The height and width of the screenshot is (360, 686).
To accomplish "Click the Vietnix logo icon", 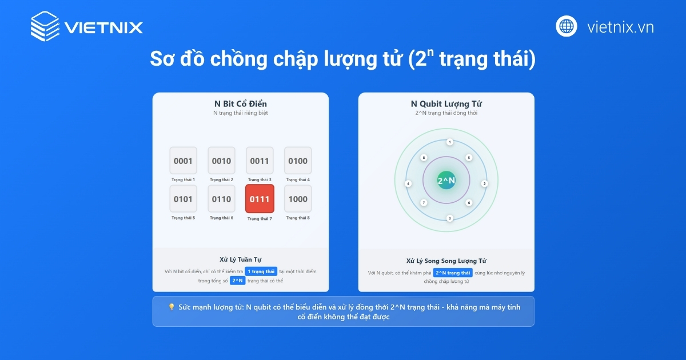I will click(45, 27).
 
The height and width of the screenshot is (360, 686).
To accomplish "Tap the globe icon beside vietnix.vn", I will click(567, 26).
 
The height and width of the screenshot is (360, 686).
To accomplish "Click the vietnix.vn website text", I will click(620, 27).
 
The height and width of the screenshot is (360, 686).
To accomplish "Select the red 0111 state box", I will click(260, 199).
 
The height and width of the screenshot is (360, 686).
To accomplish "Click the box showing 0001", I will click(183, 161).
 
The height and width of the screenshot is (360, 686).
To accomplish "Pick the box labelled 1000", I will click(298, 199).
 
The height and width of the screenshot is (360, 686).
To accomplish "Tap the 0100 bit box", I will click(298, 161).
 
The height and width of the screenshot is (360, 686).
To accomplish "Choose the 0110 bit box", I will click(221, 199).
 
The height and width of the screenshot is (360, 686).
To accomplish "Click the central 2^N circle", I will click(446, 181).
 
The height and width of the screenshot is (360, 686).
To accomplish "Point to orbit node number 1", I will click(450, 142).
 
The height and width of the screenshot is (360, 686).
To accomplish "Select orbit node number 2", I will click(484, 183).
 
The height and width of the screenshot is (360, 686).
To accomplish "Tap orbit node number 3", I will click(450, 218).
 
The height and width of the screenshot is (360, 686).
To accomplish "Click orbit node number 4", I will click(408, 183).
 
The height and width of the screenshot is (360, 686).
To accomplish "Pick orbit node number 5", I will click(469, 157).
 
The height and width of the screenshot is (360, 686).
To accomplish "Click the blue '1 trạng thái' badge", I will click(261, 271).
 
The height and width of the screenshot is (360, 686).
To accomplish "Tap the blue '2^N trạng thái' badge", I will click(453, 273).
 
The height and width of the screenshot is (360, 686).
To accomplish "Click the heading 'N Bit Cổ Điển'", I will click(240, 104).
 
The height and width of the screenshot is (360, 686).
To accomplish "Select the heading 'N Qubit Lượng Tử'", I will click(446, 104).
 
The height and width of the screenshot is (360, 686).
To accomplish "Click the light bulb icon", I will click(171, 307).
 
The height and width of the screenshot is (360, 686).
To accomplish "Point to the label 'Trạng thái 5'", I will click(183, 218).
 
